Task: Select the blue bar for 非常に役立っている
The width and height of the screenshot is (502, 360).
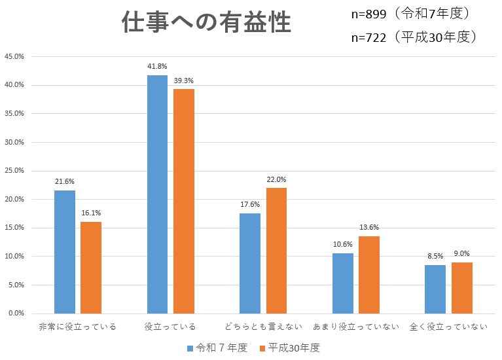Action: coord(65,252)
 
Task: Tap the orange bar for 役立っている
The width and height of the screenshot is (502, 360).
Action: coord(184,201)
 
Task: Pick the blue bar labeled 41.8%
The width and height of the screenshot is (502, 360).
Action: coord(157,194)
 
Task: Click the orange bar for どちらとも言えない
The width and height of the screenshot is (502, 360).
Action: coord(276,251)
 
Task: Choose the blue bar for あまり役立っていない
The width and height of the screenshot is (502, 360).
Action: coord(342,283)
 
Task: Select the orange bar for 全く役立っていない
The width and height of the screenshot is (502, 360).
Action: coord(461,288)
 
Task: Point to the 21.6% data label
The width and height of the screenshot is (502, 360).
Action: coord(65,181)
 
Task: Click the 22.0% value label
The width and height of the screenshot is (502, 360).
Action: coord(276,179)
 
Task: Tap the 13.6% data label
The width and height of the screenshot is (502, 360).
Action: coord(369,227)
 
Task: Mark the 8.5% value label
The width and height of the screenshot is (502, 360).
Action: coord(435,255)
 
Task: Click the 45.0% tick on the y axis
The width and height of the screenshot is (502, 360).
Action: coord(14,56)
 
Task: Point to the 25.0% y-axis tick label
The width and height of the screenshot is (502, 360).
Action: coord(14,171)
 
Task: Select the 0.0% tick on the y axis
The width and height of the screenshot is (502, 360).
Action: coord(16,314)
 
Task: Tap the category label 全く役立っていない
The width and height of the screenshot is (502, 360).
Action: coord(448,327)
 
